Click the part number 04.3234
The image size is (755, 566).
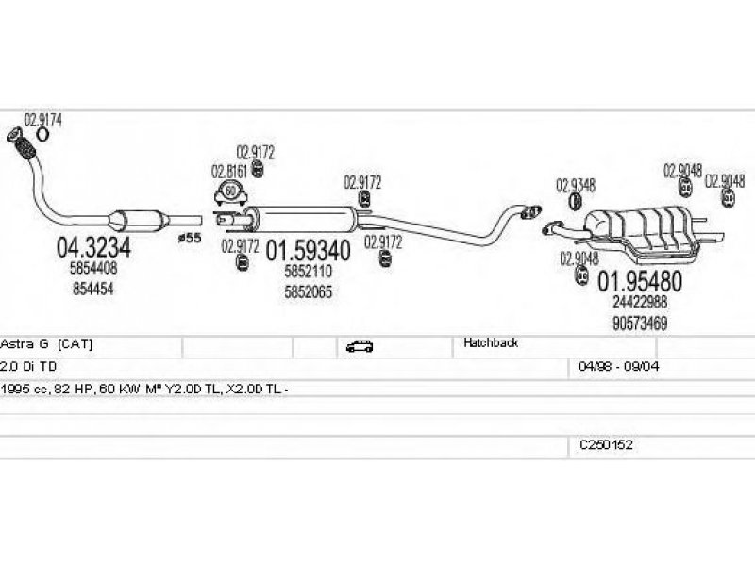tap(93, 248)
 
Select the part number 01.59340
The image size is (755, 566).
tap(309, 251)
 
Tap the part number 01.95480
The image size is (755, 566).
tap(640, 281)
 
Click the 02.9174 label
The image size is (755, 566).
tap(43, 120)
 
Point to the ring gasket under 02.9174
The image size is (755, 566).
tap(42, 134)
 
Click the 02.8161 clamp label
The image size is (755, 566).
tap(229, 172)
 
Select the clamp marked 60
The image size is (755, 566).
tap(230, 192)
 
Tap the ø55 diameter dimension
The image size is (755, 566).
tap(190, 238)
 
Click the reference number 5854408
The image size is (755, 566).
tap(93, 268)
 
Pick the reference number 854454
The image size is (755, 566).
tap(93, 289)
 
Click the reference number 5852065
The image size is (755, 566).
tap(309, 291)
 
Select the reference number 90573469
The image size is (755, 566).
tap(640, 323)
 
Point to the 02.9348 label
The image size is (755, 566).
tap(576, 185)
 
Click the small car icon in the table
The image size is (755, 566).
tap(360, 346)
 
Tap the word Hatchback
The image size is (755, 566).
tap(491, 342)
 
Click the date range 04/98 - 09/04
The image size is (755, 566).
tap(619, 366)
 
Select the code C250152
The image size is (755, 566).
tap(606, 444)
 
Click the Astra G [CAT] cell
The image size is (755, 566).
tap(46, 344)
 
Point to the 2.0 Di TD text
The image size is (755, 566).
tap(28, 367)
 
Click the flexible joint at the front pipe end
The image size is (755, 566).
tap(22, 143)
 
